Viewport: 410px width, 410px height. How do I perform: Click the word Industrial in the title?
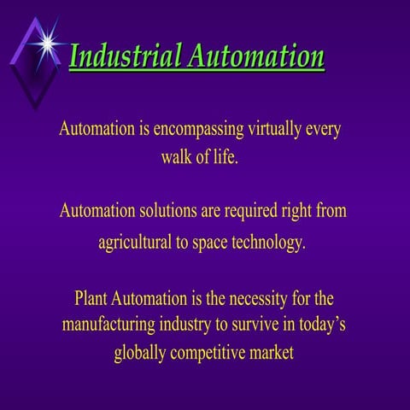point(125,56)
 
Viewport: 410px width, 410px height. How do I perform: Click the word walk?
point(179,158)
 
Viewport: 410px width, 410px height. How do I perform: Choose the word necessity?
point(254,299)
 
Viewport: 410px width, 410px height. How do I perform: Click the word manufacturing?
point(110,325)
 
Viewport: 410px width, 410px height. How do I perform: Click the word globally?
point(142,353)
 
